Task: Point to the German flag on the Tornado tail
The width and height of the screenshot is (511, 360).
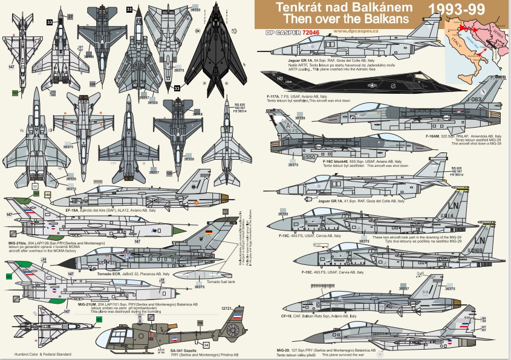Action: [x=209, y=233]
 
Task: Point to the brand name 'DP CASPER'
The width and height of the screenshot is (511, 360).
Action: [x=280, y=32]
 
